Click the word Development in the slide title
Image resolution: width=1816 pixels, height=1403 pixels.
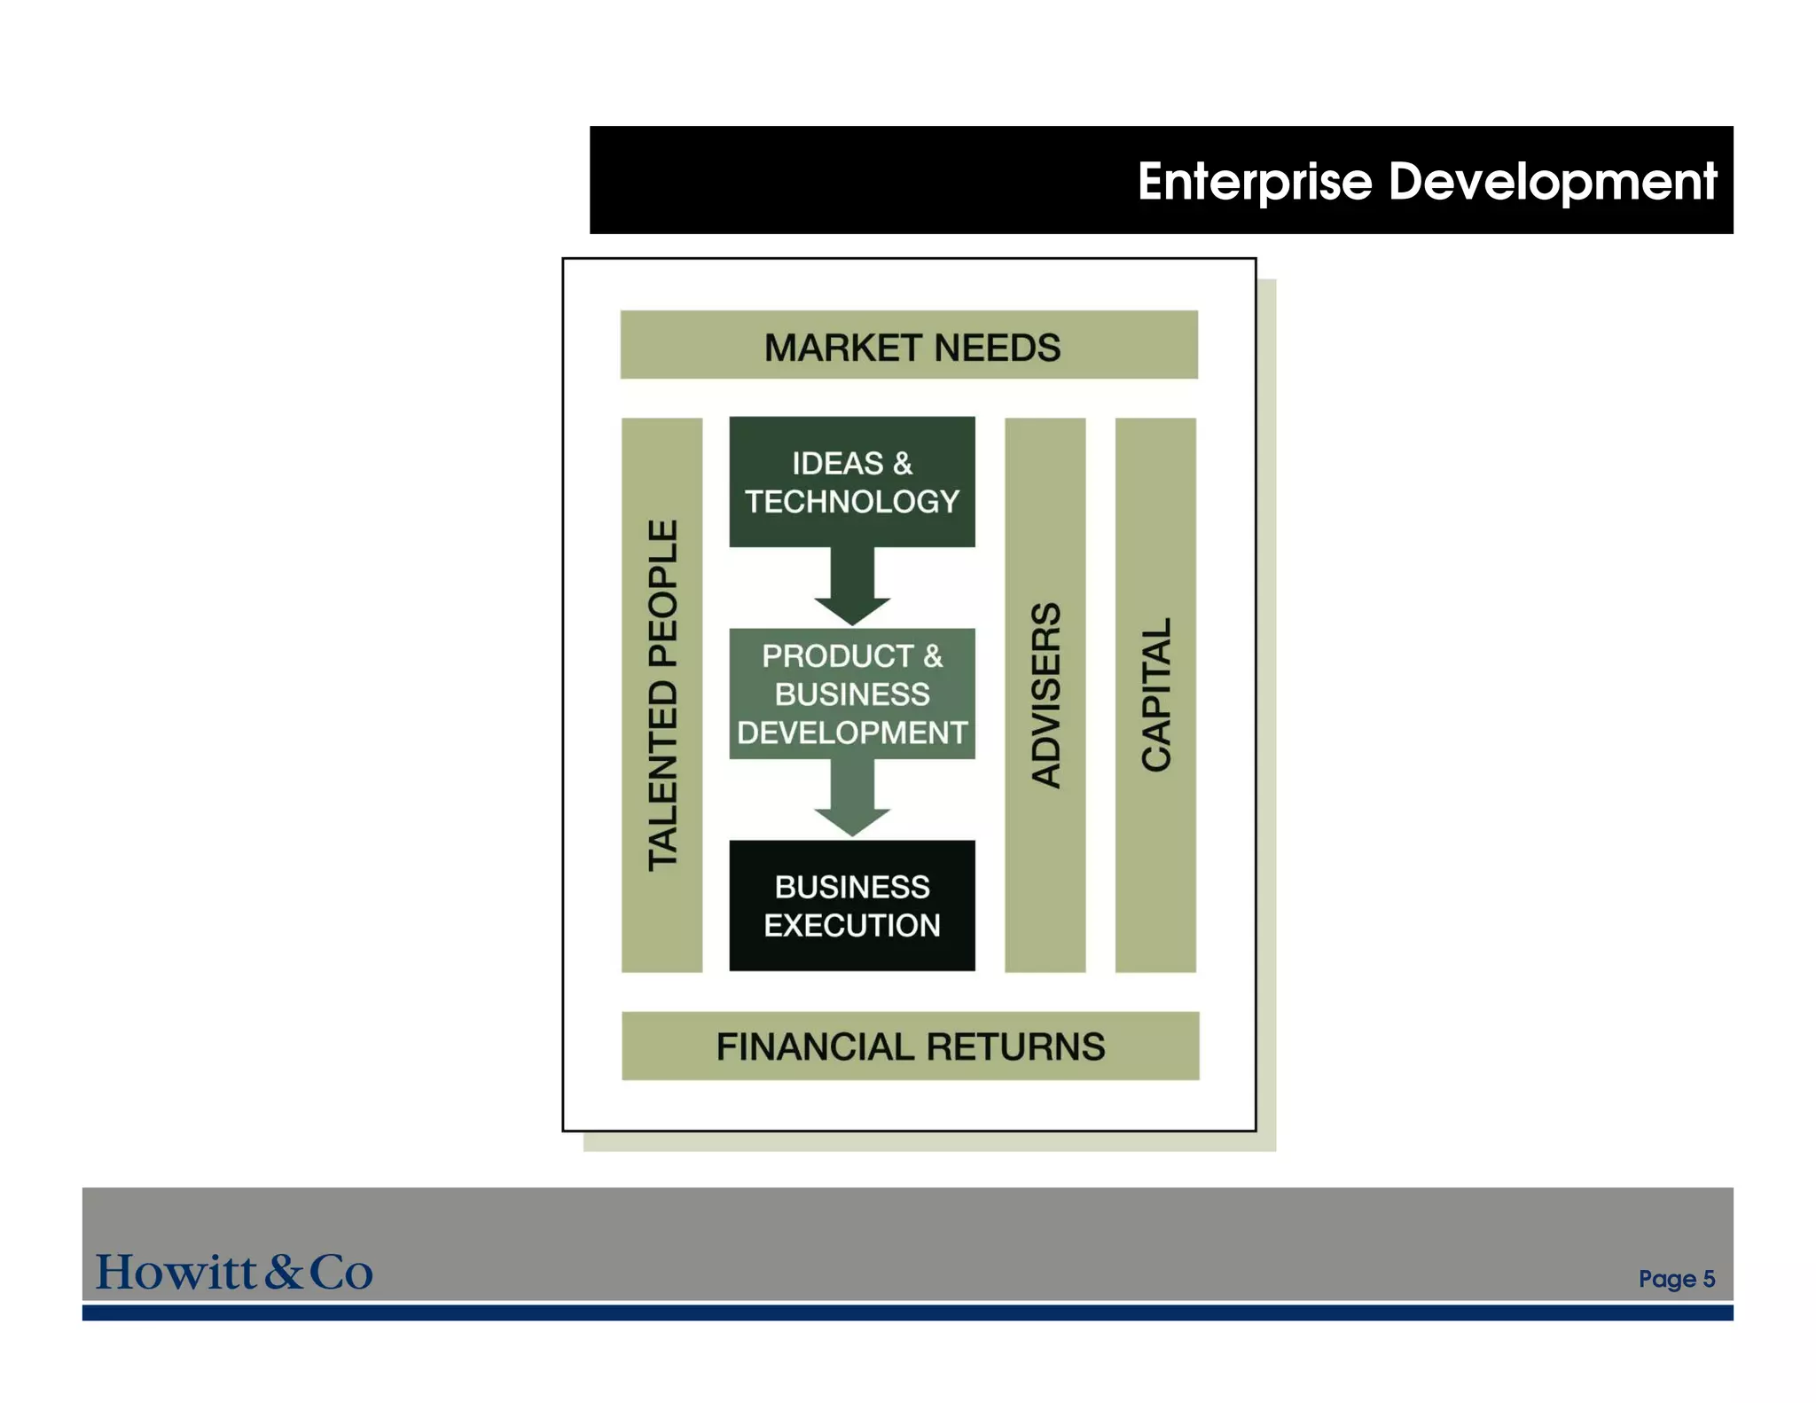[1552, 182]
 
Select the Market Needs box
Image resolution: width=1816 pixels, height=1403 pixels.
[909, 345]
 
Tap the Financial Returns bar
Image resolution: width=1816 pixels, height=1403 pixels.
[910, 1046]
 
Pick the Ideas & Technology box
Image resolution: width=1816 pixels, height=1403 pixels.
[851, 482]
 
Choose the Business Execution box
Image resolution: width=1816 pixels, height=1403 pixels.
[851, 905]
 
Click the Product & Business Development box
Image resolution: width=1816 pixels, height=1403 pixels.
[851, 694]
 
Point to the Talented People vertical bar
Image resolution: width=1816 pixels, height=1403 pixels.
[662, 694]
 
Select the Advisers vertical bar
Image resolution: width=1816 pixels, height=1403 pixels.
[1045, 694]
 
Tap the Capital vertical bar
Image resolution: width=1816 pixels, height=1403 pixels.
[1155, 694]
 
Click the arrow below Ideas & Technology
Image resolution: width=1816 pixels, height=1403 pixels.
[852, 586]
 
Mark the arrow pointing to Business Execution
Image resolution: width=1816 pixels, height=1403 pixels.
[852, 798]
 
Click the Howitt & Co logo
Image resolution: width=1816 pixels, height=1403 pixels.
[234, 1272]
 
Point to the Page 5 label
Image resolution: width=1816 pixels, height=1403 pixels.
[1676, 1279]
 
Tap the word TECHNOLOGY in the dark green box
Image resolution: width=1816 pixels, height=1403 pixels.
[851, 502]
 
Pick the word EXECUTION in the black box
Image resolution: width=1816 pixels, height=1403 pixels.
[851, 926]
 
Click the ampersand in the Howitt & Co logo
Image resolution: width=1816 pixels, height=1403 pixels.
[284, 1272]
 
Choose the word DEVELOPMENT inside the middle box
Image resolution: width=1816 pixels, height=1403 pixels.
[851, 733]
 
